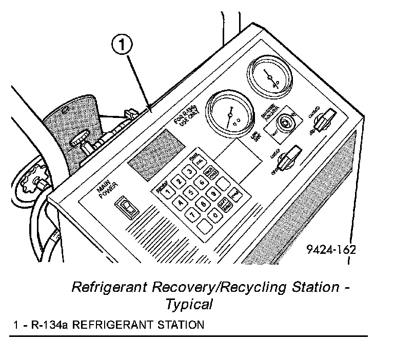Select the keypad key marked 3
190,172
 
